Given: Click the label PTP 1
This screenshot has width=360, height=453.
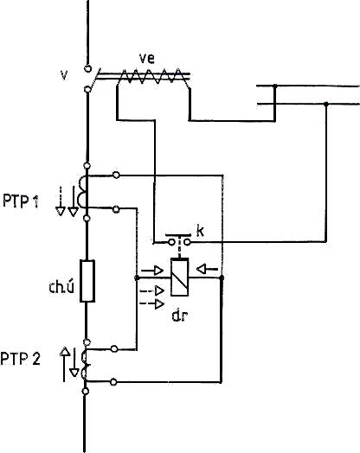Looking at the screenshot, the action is (21, 201).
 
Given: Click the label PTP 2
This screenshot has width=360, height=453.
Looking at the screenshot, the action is (20, 359).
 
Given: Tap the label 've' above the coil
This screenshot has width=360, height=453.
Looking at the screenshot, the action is (147, 59).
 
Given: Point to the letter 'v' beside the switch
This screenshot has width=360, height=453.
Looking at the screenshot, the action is (64, 75).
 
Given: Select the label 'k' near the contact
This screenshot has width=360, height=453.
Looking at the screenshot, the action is (200, 231).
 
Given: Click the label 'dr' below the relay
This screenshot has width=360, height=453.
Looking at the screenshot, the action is (180, 316).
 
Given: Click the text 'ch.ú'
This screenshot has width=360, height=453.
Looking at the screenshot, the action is (61, 287).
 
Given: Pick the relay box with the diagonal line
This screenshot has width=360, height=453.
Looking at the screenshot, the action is (179, 277).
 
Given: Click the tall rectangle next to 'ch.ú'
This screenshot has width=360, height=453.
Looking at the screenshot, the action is (87, 281).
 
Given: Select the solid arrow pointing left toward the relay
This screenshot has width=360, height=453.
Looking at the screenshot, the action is (207, 269).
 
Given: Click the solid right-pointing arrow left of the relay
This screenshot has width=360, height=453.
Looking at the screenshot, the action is (152, 271).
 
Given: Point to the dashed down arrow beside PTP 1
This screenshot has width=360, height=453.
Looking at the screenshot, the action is (61, 201).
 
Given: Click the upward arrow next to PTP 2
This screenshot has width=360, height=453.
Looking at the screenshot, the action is (65, 364).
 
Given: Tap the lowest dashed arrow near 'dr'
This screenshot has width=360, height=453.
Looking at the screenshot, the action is (152, 303).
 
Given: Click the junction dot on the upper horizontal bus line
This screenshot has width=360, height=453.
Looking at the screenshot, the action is (275, 86).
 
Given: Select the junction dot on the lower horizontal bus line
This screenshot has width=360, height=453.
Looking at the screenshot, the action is (326, 104).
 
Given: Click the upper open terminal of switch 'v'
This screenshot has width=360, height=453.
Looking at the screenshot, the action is (88, 69).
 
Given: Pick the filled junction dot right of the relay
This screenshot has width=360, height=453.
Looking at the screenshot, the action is (222, 278).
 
